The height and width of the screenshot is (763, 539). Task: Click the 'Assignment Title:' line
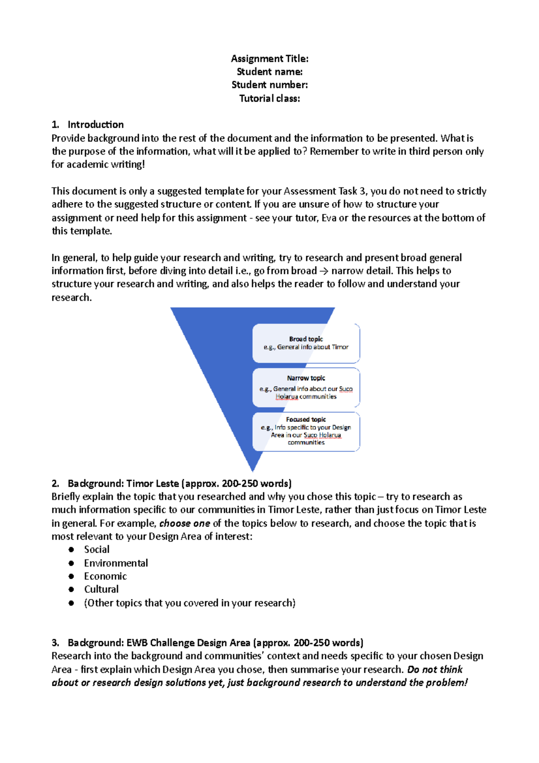pos(269,58)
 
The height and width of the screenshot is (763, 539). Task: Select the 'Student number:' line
pos(269,85)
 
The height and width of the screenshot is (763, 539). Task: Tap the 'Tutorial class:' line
pos(269,98)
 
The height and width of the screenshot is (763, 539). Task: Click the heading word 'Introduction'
pos(96,124)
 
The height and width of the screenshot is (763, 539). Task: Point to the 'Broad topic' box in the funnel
pos(306,343)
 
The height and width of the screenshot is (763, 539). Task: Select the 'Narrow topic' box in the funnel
pos(306,387)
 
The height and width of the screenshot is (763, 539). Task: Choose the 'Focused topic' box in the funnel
pos(306,431)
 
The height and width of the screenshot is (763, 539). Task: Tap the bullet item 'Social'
pos(97,550)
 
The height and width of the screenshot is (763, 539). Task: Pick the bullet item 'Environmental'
pos(116,563)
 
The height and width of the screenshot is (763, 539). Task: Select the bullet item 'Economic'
pos(105,576)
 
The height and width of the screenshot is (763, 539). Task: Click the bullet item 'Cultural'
pos(101,589)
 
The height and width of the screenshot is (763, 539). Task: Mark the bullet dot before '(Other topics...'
pos(71,603)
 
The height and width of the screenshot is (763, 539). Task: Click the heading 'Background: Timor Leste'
pos(124,484)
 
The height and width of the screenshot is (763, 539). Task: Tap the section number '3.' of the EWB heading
pos(55,643)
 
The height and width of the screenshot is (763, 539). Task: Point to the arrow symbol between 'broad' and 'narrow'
pos(324,271)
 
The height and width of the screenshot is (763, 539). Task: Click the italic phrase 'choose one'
pos(185,523)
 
